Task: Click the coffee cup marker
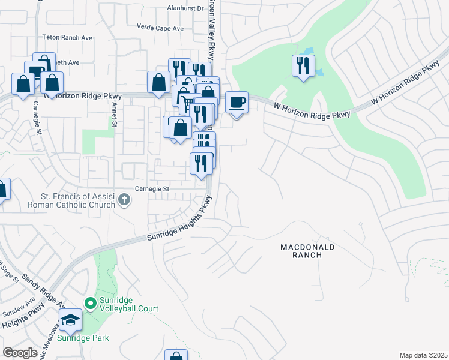[237, 102]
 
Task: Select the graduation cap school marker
[71, 320]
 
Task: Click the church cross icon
[124, 199]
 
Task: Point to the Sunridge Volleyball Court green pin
[91, 304]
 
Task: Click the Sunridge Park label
[88, 338]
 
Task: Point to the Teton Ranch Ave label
[67, 37]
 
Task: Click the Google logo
[20, 353]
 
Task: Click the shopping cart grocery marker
[187, 105]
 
